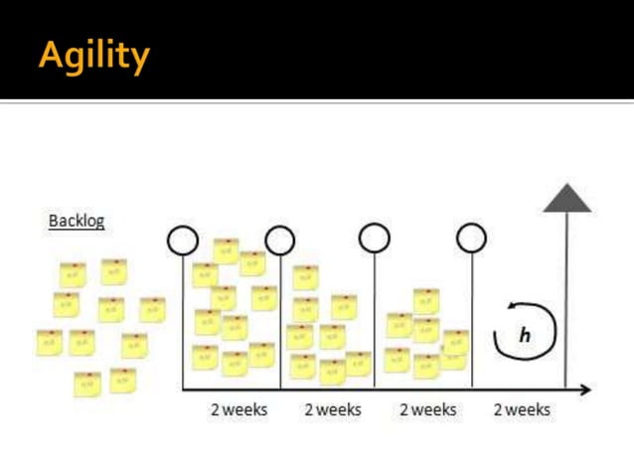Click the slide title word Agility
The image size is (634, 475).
pos(94,55)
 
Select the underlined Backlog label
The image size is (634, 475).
pos(77,221)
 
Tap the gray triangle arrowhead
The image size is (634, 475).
pos(567,199)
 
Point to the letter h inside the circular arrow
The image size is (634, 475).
pos(525,335)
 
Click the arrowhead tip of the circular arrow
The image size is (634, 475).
pos(510,309)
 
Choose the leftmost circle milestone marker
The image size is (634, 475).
pos(183,240)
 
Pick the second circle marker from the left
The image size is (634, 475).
pos(280,240)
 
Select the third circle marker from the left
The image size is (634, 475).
pos(375,238)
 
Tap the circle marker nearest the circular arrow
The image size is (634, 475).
pos(471,238)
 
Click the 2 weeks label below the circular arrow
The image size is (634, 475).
pos(522,409)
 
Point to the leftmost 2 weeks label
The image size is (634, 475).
pos(238,409)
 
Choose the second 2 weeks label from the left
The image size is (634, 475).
pos(333,409)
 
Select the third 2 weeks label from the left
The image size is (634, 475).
pos(428,409)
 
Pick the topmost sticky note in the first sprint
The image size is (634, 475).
pos(226,250)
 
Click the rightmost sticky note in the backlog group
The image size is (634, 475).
pos(152,309)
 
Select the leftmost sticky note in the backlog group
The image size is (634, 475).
pos(49,342)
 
